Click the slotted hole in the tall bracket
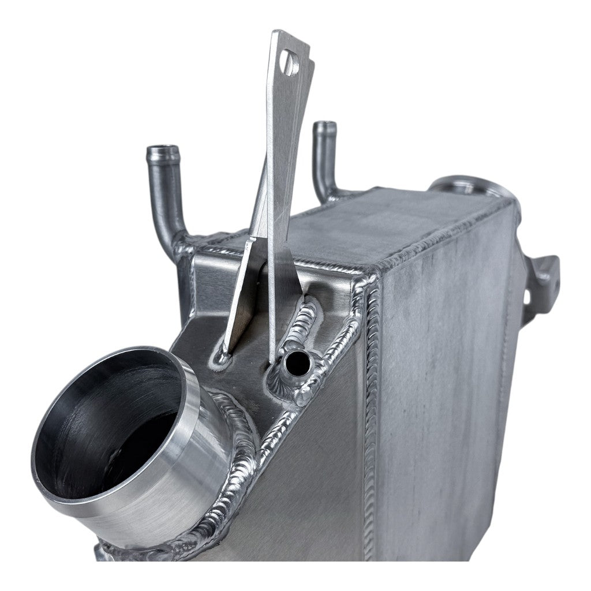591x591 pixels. pyautogui.click(x=289, y=62)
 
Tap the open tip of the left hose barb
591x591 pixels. pyautogui.click(x=163, y=152)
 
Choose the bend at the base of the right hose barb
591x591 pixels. pyautogui.click(x=327, y=190)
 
